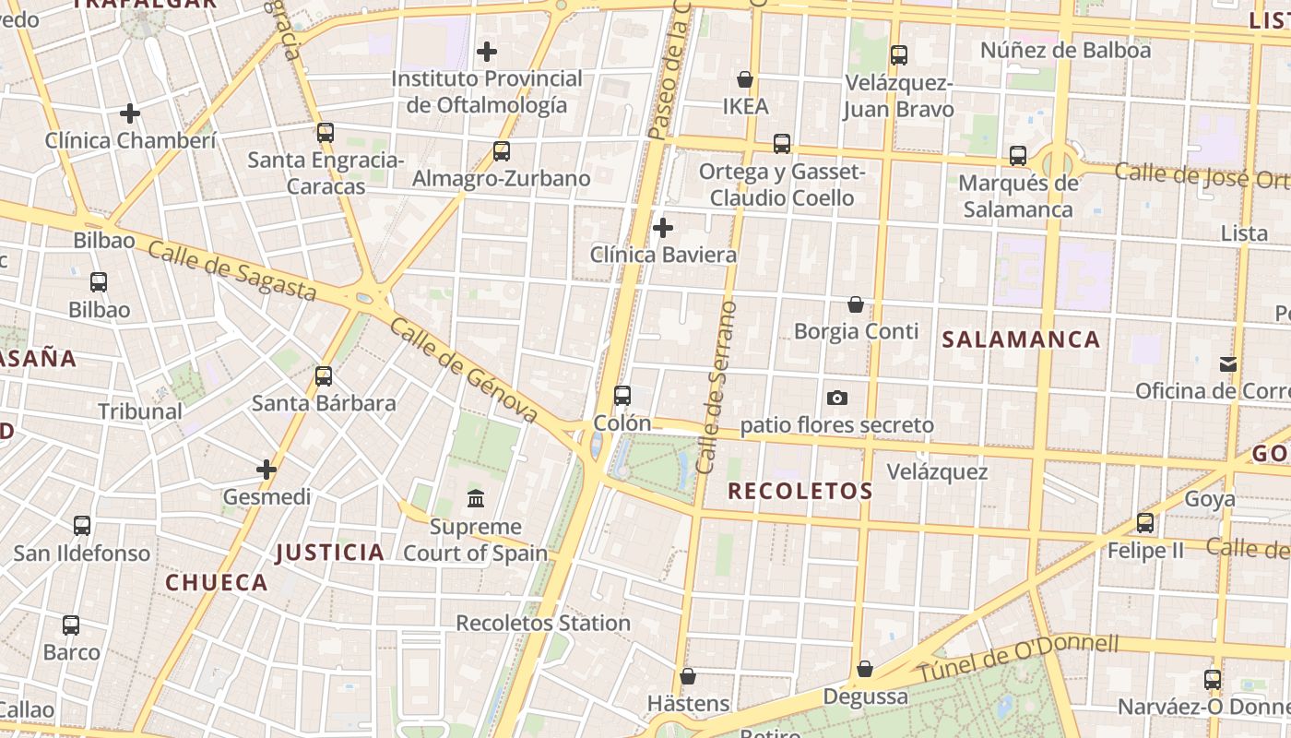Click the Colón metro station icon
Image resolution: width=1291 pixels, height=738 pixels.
[x=622, y=396]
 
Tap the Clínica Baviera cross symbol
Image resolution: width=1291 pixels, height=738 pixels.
[x=662, y=227]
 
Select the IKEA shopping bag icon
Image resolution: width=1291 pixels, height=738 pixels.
[x=745, y=80]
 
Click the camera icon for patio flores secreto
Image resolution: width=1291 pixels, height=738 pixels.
[x=837, y=398]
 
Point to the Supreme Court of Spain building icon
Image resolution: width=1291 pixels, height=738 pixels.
[x=476, y=499]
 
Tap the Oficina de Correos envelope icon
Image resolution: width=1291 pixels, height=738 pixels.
[x=1228, y=364]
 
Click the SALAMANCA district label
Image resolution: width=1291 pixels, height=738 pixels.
[x=1021, y=339]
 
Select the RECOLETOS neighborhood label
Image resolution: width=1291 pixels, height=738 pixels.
[x=799, y=491]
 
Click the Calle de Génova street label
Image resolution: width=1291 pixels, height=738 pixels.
[x=463, y=371]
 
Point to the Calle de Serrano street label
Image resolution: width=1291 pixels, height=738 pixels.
[x=717, y=387]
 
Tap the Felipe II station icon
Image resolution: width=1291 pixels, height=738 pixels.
[x=1145, y=523]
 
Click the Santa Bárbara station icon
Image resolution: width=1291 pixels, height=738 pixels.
[x=324, y=376]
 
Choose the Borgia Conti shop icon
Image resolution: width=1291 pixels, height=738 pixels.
[x=856, y=304]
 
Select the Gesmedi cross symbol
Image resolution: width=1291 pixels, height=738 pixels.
[x=266, y=470]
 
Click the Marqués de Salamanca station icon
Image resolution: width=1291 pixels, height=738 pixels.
[x=1018, y=156]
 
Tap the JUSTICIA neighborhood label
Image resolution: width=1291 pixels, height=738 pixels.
[x=330, y=553]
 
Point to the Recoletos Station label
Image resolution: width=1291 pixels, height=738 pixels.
[x=543, y=624]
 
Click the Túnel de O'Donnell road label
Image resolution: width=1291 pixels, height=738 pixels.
[x=1018, y=658]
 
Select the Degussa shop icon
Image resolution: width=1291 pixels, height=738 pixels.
[x=865, y=669]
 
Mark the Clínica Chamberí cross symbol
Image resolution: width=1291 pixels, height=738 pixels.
[x=130, y=113]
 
